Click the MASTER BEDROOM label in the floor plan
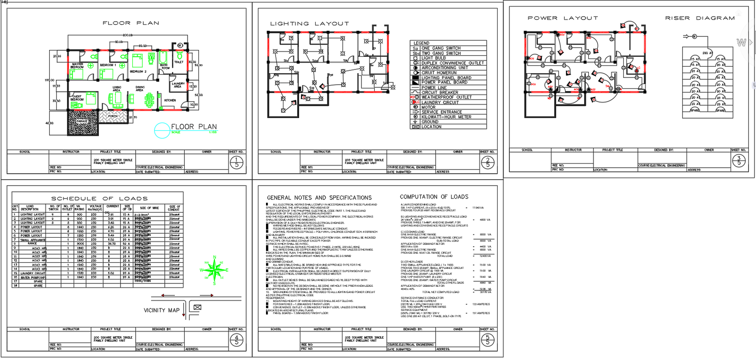point(77,65)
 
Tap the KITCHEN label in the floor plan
point(170,100)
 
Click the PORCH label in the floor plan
point(113,116)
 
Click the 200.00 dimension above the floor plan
point(128,35)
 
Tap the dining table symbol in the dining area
point(149,99)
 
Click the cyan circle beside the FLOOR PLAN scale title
point(162,130)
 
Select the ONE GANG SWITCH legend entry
point(441,48)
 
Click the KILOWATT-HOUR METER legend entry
point(446,117)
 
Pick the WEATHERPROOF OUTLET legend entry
point(446,97)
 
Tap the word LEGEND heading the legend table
point(421,43)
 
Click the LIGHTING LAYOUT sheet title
point(309,24)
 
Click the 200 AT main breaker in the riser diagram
point(707,53)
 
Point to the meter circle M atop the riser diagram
point(694,36)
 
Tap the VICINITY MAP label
point(162,310)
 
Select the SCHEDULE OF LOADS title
point(99,199)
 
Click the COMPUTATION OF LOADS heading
point(434,197)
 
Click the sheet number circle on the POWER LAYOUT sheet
point(739,161)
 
